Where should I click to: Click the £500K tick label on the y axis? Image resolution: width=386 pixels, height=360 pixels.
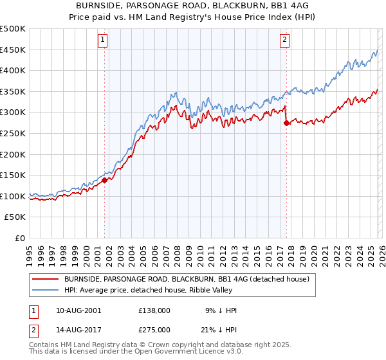pyautogui.click(x=13, y=29)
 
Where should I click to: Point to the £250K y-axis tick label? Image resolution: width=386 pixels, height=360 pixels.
pyautogui.click(x=13, y=133)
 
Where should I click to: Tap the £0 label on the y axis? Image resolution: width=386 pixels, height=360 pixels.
pyautogui.click(x=20, y=238)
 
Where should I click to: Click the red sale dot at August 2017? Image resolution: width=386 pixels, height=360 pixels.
pyautogui.click(x=286, y=123)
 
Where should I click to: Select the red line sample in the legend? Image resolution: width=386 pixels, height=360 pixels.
pyautogui.click(x=46, y=279)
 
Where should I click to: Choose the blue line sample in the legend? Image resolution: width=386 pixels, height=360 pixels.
pyautogui.click(x=46, y=290)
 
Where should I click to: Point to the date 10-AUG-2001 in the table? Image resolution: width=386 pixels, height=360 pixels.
pyautogui.click(x=78, y=310)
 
